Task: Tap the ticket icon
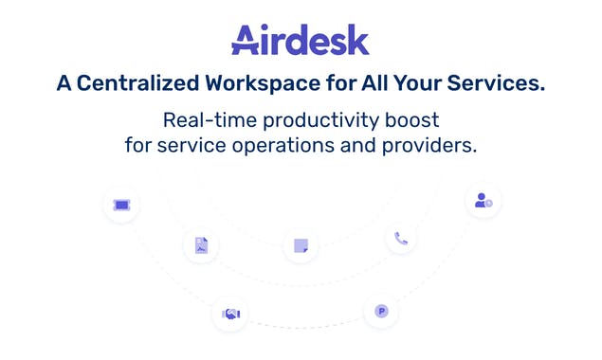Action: point(121,204)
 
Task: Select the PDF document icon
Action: point(201,245)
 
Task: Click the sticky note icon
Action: point(301,245)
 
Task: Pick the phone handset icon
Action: point(401,239)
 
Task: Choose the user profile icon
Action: point(483,201)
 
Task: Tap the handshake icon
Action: point(231,313)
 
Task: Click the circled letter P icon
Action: point(381,311)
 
